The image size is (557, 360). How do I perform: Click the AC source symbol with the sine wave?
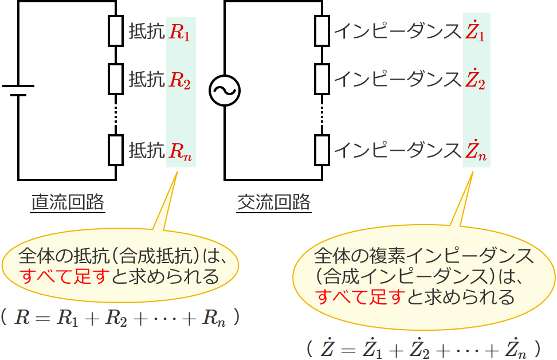[x=224, y=91]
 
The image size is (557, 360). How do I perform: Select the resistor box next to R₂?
[x=116, y=79]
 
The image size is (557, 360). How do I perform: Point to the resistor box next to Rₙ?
[x=116, y=149]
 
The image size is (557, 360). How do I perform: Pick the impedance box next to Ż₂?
[x=322, y=79]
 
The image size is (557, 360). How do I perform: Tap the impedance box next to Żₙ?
[x=322, y=149]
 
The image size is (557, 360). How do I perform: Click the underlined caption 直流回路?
[x=68, y=202]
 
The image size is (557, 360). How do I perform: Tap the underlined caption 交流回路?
[x=274, y=202]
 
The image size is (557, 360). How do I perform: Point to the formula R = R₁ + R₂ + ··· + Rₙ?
[x=120, y=319]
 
